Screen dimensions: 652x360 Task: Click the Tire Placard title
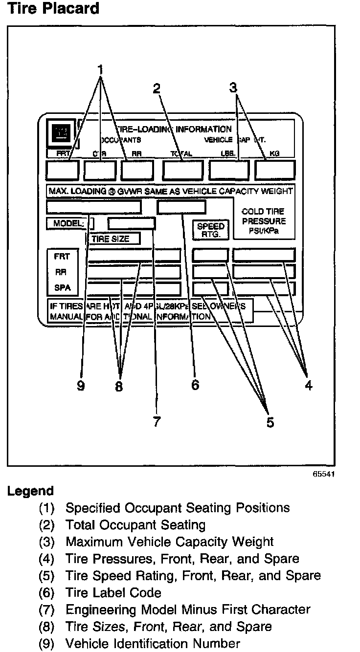[x=53, y=9]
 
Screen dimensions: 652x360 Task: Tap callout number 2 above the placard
[x=157, y=88]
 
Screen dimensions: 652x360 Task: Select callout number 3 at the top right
[x=233, y=87]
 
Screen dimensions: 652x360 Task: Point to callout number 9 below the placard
[x=81, y=386]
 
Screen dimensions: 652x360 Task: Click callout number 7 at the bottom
[x=157, y=421]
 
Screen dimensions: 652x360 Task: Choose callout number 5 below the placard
[x=270, y=422]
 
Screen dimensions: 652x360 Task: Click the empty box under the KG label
[x=275, y=170]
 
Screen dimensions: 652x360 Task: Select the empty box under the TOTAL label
[x=182, y=170]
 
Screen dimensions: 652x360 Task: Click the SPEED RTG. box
[x=210, y=230]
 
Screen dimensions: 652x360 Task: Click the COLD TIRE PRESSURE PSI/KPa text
[x=263, y=221]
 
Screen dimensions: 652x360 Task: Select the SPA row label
[x=62, y=287]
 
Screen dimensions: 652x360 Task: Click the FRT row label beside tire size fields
[x=62, y=257]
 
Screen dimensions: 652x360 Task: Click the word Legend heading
[x=30, y=491]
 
